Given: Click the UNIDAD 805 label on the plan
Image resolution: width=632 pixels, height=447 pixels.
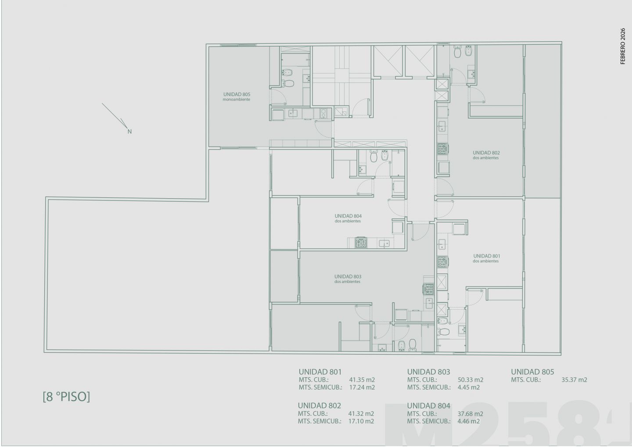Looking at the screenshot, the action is pos(237,94).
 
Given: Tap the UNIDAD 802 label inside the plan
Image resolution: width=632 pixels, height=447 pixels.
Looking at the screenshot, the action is pos(486,153).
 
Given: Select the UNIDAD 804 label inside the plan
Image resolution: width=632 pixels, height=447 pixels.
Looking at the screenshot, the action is pos(348,216).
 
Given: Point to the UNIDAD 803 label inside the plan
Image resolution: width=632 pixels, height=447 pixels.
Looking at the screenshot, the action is pos(348,277).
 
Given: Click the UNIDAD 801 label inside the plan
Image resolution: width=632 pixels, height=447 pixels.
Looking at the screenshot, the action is pos(486,256).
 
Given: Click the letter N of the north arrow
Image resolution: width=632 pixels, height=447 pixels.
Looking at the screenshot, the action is pos(129,132).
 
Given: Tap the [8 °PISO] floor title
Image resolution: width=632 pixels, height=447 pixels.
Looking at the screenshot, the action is pos(66,397).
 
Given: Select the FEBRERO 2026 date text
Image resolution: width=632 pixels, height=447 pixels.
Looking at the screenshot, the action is pos(623,46).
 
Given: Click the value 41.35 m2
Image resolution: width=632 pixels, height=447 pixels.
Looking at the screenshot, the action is pos(362,380).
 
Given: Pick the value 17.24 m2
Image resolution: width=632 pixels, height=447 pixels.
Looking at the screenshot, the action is pos(362,387).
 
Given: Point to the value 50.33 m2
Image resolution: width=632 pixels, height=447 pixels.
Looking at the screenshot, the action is pos(470,380).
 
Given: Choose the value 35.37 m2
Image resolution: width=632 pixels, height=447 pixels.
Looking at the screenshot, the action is pos(574,380).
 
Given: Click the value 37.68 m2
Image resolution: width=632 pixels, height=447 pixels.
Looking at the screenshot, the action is pos(470,414).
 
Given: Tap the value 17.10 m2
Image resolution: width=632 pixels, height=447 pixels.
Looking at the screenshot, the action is pos(361,421).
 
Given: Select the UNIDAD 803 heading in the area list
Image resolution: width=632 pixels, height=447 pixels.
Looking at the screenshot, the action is pos(428,372).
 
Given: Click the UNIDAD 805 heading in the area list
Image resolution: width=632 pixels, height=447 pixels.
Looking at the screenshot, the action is pos(532,372).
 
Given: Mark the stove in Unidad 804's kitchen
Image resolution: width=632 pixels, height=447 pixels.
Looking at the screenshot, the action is pos(361,243).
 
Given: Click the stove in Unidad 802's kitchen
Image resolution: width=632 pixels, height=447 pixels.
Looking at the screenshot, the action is pos(443,149).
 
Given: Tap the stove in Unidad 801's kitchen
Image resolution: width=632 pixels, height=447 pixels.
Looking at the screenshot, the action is pos(443,262).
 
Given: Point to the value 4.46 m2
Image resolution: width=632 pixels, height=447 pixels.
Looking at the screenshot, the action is pos(468,421).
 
